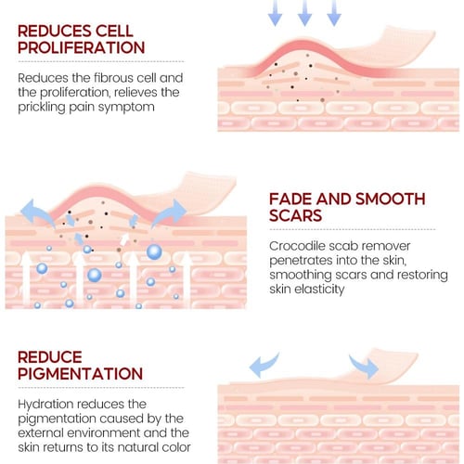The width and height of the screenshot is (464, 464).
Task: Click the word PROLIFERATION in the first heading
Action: click(82, 47)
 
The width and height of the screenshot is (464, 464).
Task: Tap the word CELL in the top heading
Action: click(114, 31)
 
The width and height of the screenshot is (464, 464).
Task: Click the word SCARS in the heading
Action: click(295, 215)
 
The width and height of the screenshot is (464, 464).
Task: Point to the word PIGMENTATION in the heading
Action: click(80, 373)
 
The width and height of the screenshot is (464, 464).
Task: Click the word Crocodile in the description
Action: click(296, 246)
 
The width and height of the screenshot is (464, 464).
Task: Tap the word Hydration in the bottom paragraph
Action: click(45, 405)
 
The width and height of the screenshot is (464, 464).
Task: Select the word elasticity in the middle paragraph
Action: click(319, 290)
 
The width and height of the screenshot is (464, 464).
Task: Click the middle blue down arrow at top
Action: click(304, 12)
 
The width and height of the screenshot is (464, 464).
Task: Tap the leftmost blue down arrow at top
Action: click(275, 12)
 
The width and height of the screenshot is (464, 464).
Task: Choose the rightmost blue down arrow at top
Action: click(334, 12)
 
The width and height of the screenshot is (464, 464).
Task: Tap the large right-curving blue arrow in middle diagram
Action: click(170, 212)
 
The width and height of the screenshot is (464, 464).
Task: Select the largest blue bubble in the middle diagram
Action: click(154, 251)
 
